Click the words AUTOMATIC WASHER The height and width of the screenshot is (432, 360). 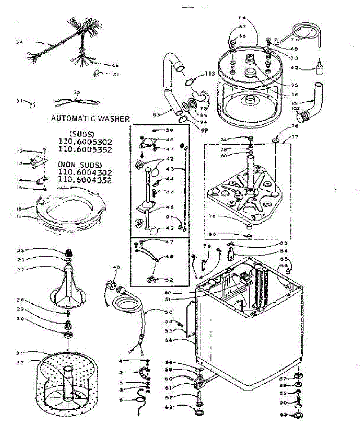[x=90, y=118]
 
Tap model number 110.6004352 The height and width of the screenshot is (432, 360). [x=85, y=180]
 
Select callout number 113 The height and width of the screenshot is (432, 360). [x=210, y=74]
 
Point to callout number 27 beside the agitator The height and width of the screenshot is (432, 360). [x=21, y=268]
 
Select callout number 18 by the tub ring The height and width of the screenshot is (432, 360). [x=20, y=208]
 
